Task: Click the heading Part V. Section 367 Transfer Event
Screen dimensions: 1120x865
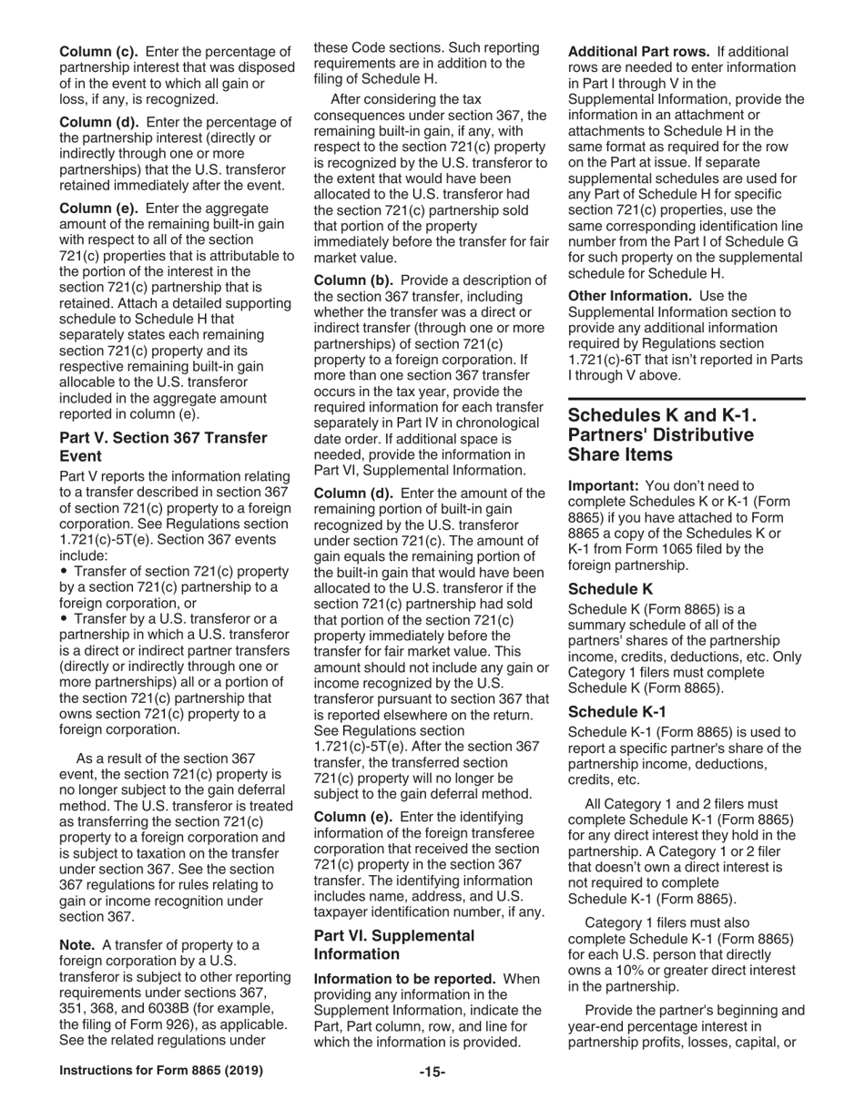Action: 164,446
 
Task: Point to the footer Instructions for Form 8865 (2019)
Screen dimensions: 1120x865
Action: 161,1071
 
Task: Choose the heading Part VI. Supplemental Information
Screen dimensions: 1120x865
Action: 394,944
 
